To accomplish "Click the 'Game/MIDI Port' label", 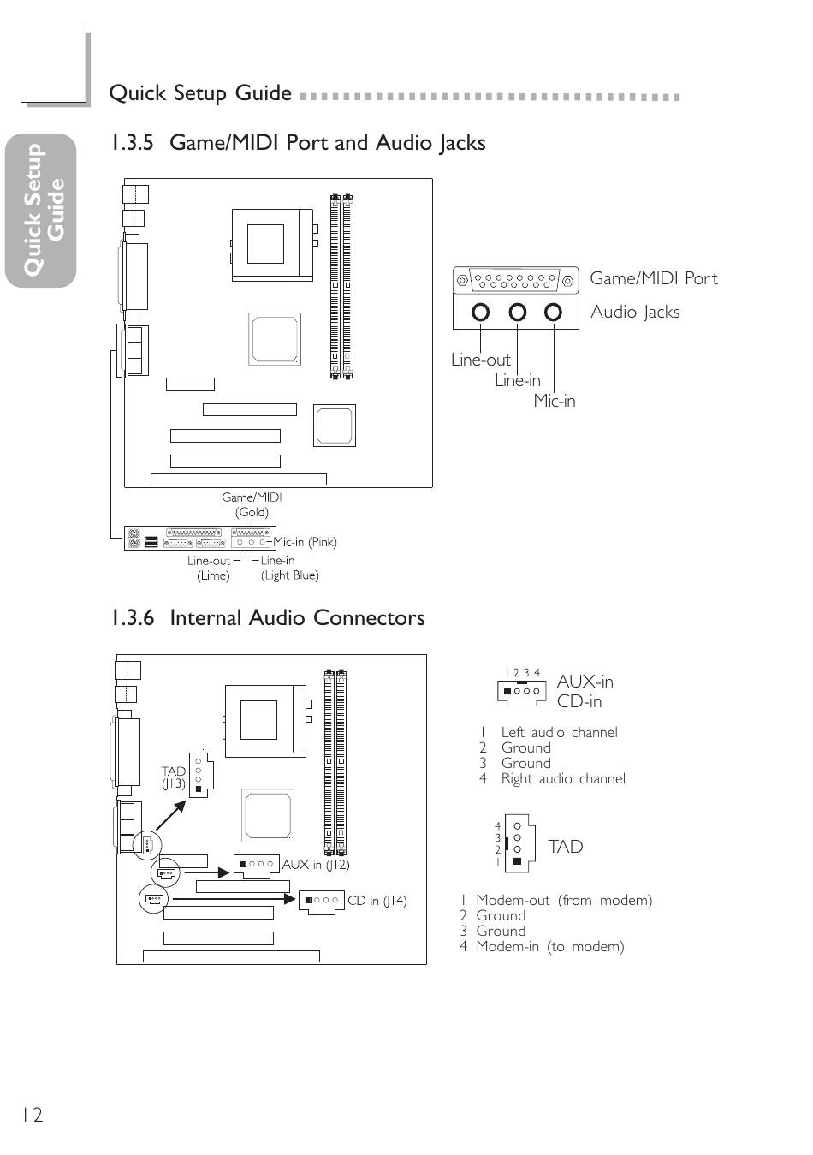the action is pyautogui.click(x=654, y=278).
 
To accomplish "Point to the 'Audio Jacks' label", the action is pyautogui.click(x=635, y=312).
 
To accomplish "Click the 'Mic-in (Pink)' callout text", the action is pyautogui.click(x=305, y=542).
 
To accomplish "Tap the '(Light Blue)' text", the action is pyautogui.click(x=290, y=575).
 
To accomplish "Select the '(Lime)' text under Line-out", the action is pyautogui.click(x=213, y=575).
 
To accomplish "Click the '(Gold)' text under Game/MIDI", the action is pyautogui.click(x=252, y=513).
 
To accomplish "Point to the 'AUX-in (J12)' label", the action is pyautogui.click(x=316, y=865).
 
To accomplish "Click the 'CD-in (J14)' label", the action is pyautogui.click(x=377, y=901).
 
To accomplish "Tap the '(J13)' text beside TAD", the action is pyautogui.click(x=173, y=784).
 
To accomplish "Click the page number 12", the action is pyautogui.click(x=32, y=1116).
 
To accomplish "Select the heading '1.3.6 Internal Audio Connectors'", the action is pyautogui.click(x=268, y=617).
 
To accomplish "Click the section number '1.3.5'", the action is pyautogui.click(x=133, y=143).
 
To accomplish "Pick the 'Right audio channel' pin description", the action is pyautogui.click(x=563, y=778).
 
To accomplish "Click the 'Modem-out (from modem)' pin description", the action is pyautogui.click(x=564, y=900).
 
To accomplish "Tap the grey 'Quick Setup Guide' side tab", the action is pyautogui.click(x=41, y=211).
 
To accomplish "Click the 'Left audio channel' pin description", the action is pyautogui.click(x=560, y=732).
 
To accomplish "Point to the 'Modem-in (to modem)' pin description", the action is pyautogui.click(x=550, y=947).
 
